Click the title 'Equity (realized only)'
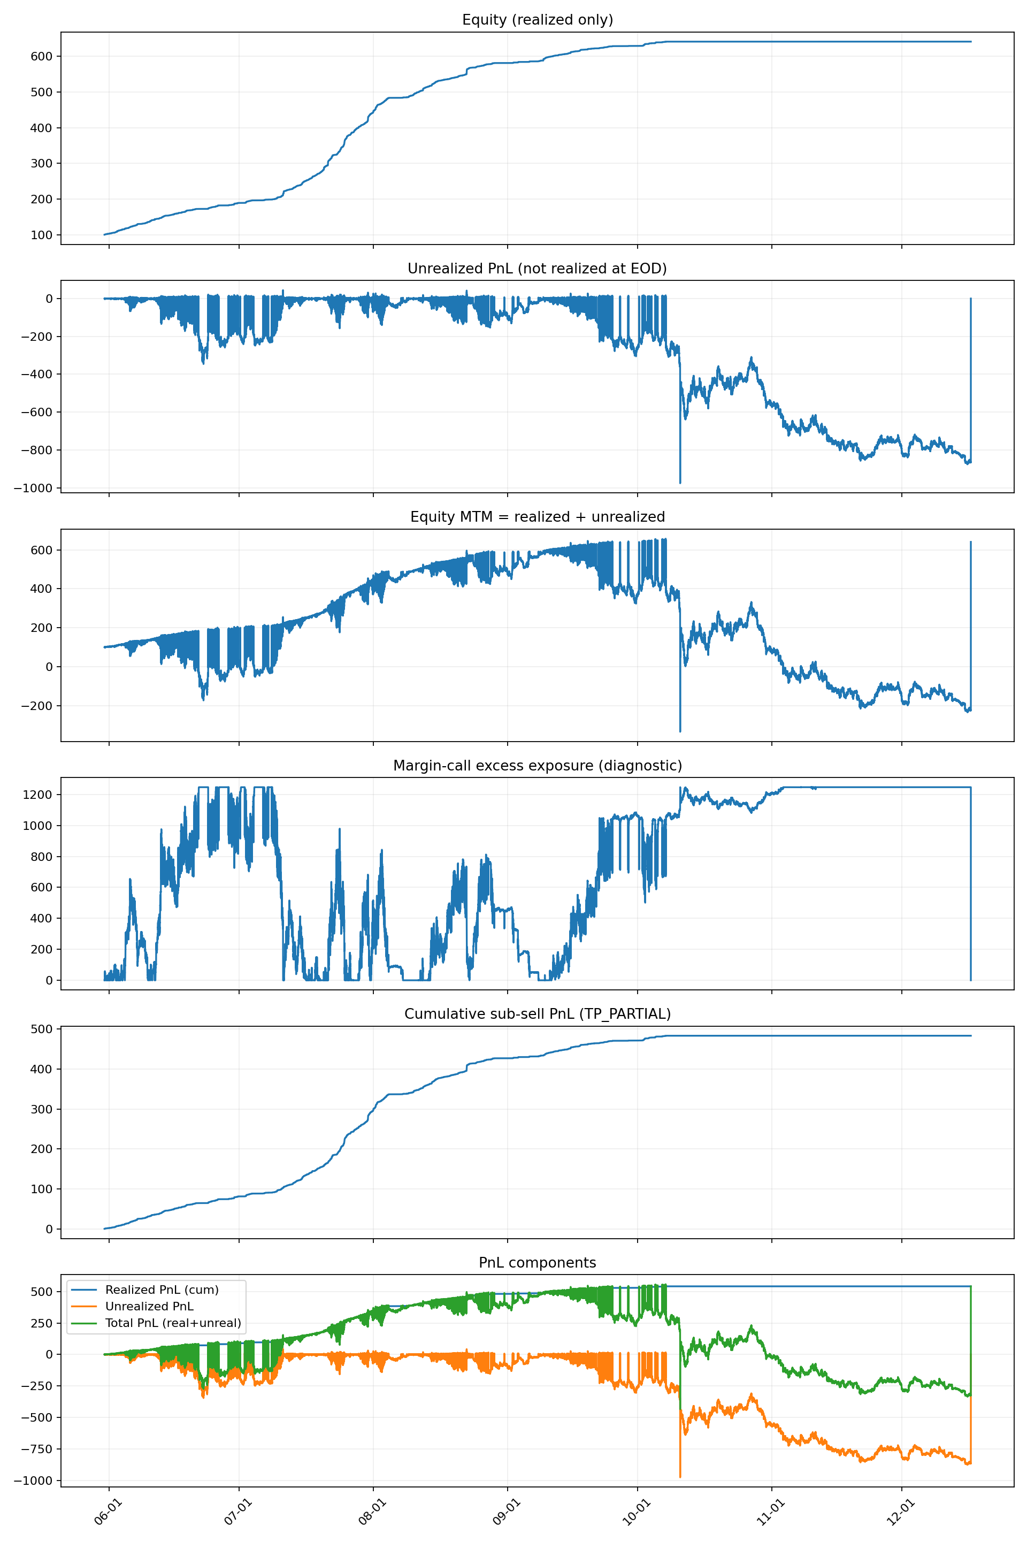click(537, 20)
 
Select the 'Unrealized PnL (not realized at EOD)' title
click(537, 269)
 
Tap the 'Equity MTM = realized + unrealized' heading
click(537, 517)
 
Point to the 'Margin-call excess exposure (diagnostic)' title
click(537, 765)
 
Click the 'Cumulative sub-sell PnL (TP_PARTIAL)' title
click(537, 1013)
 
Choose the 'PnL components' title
click(537, 1263)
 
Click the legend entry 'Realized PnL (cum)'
click(162, 1290)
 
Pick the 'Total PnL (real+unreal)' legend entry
click(173, 1323)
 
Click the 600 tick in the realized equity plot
click(41, 56)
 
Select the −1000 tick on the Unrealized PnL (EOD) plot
click(35, 488)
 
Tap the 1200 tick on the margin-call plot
click(38, 795)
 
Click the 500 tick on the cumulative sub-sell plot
click(41, 1029)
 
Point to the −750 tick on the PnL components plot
click(37, 1448)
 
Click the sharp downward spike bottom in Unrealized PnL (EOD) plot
click(680, 483)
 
